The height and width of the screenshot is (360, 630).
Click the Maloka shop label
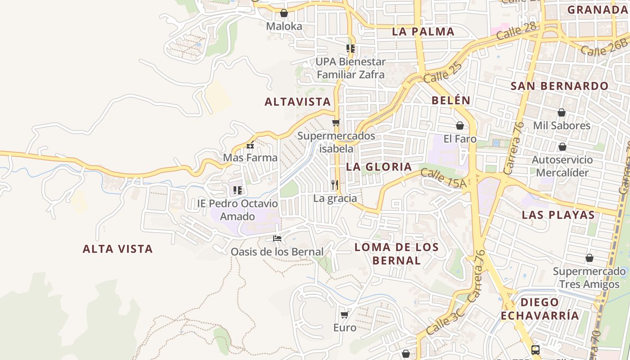click(x=284, y=26)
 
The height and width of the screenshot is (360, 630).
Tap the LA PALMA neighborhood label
click(x=423, y=31)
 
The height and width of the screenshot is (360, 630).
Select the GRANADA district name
click(x=597, y=9)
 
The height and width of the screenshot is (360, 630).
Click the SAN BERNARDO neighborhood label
click(x=559, y=86)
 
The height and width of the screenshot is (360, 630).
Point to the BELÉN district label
click(x=451, y=100)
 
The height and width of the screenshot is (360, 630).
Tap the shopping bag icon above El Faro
click(x=460, y=126)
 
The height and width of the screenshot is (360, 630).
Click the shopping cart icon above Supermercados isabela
click(x=336, y=122)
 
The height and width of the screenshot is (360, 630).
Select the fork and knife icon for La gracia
click(x=335, y=184)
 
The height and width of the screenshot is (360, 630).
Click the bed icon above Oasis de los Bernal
click(x=277, y=238)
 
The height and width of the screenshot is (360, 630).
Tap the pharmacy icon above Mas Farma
click(x=250, y=145)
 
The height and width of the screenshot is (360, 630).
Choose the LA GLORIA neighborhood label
click(x=379, y=167)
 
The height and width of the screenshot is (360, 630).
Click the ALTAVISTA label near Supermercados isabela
click(x=298, y=102)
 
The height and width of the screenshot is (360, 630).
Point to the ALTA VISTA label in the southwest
click(x=118, y=249)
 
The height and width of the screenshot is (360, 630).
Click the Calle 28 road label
click(x=517, y=33)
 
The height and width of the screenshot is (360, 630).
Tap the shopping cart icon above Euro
click(x=345, y=315)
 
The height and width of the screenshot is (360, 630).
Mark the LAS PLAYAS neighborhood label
click(x=558, y=215)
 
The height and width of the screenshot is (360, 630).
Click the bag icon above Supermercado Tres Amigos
click(x=589, y=258)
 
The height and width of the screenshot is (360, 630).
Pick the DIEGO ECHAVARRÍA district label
click(x=540, y=309)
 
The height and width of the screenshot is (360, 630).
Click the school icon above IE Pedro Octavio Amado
click(x=238, y=190)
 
